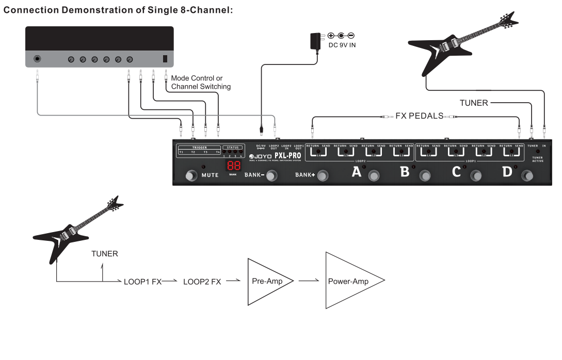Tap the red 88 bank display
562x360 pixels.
(233, 166)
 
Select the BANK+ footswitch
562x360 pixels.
(323, 176)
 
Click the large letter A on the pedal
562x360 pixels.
(357, 172)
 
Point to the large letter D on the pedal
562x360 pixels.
(507, 172)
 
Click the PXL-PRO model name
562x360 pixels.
(288, 156)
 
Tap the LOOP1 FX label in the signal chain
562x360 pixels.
(143, 282)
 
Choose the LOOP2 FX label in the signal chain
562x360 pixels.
(202, 282)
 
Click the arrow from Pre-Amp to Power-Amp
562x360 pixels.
(308, 281)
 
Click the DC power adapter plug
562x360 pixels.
(314, 41)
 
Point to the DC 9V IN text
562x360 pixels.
(342, 45)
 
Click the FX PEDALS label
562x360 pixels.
(420, 116)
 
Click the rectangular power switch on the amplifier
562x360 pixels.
(165, 59)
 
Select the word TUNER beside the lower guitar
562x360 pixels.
(105, 253)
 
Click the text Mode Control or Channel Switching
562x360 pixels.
(201, 82)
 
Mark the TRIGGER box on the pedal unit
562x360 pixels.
(199, 150)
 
